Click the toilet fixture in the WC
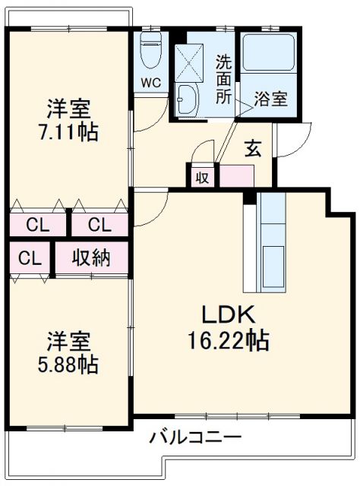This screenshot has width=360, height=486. [x=150, y=51]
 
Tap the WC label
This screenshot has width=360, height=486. [x=150, y=84]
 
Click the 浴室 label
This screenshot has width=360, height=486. [x=271, y=99]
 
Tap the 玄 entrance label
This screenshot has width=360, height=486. [x=253, y=149]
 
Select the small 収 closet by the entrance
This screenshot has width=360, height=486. [x=202, y=178]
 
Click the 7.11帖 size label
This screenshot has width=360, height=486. [x=68, y=131]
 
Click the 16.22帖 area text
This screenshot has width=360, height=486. [x=228, y=341]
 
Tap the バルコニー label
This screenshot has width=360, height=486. [x=195, y=438]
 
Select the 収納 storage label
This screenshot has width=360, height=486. [x=91, y=258]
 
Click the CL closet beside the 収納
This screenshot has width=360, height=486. [x=29, y=258]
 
